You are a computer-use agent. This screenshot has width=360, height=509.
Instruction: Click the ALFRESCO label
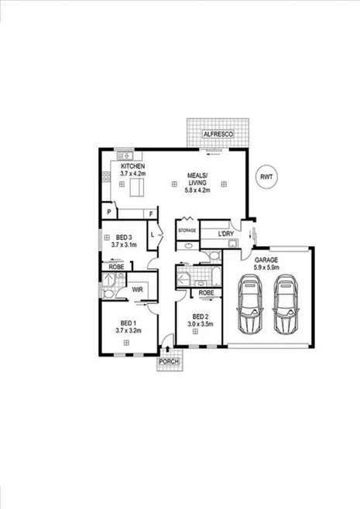pos(218,134)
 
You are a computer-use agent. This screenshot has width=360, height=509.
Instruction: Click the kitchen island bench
pos(139,188)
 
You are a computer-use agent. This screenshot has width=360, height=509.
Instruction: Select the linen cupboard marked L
pos(154,234)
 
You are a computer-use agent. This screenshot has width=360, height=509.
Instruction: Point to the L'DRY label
pos(225,233)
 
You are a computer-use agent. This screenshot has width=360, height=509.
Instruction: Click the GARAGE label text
pos(266,260)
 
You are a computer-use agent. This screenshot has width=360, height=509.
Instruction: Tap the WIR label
pos(137,289)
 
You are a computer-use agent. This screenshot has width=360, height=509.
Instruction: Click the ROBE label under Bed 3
pos(116,266)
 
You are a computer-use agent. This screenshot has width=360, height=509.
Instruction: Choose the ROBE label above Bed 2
pos(206,293)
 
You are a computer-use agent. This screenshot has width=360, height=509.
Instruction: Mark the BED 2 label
pos(200,317)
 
